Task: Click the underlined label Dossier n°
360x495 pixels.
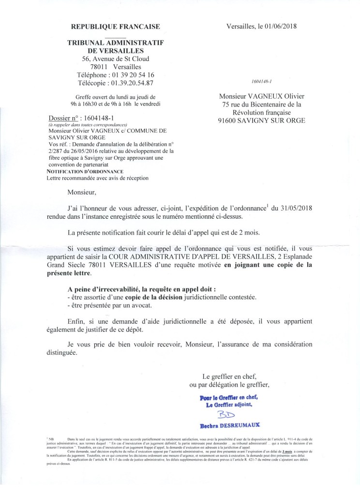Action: pyautogui.click(x=65, y=119)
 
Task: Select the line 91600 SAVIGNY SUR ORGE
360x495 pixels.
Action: pyautogui.click(x=262, y=120)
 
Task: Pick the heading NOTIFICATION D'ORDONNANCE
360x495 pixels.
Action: pyautogui.click(x=85, y=172)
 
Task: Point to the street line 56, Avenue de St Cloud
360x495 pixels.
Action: pyautogui.click(x=116, y=59)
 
